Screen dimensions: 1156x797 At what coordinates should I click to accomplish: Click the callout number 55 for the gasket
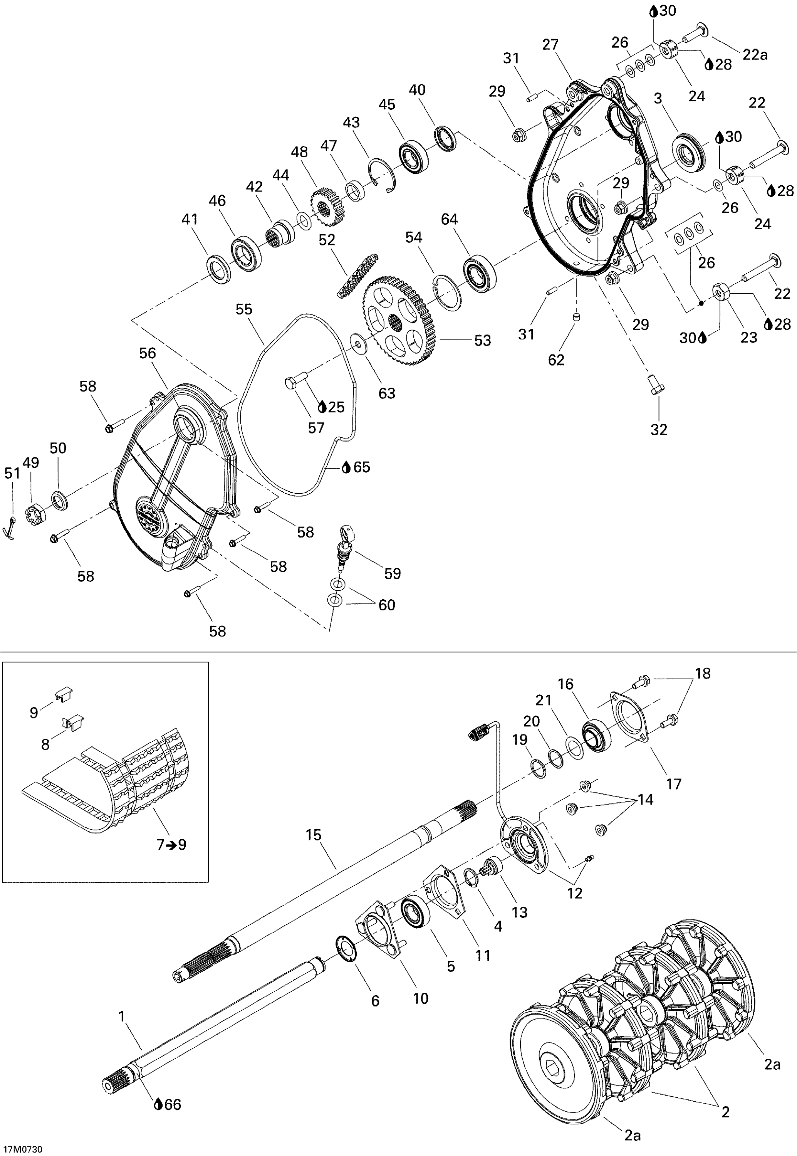tap(244, 310)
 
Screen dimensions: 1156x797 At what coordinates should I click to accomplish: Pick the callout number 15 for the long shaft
tap(314, 834)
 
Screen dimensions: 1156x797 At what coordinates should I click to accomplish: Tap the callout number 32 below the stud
tap(659, 430)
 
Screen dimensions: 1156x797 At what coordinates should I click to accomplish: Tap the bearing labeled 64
tap(480, 273)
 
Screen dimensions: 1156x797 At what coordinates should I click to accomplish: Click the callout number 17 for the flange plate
tap(674, 784)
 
